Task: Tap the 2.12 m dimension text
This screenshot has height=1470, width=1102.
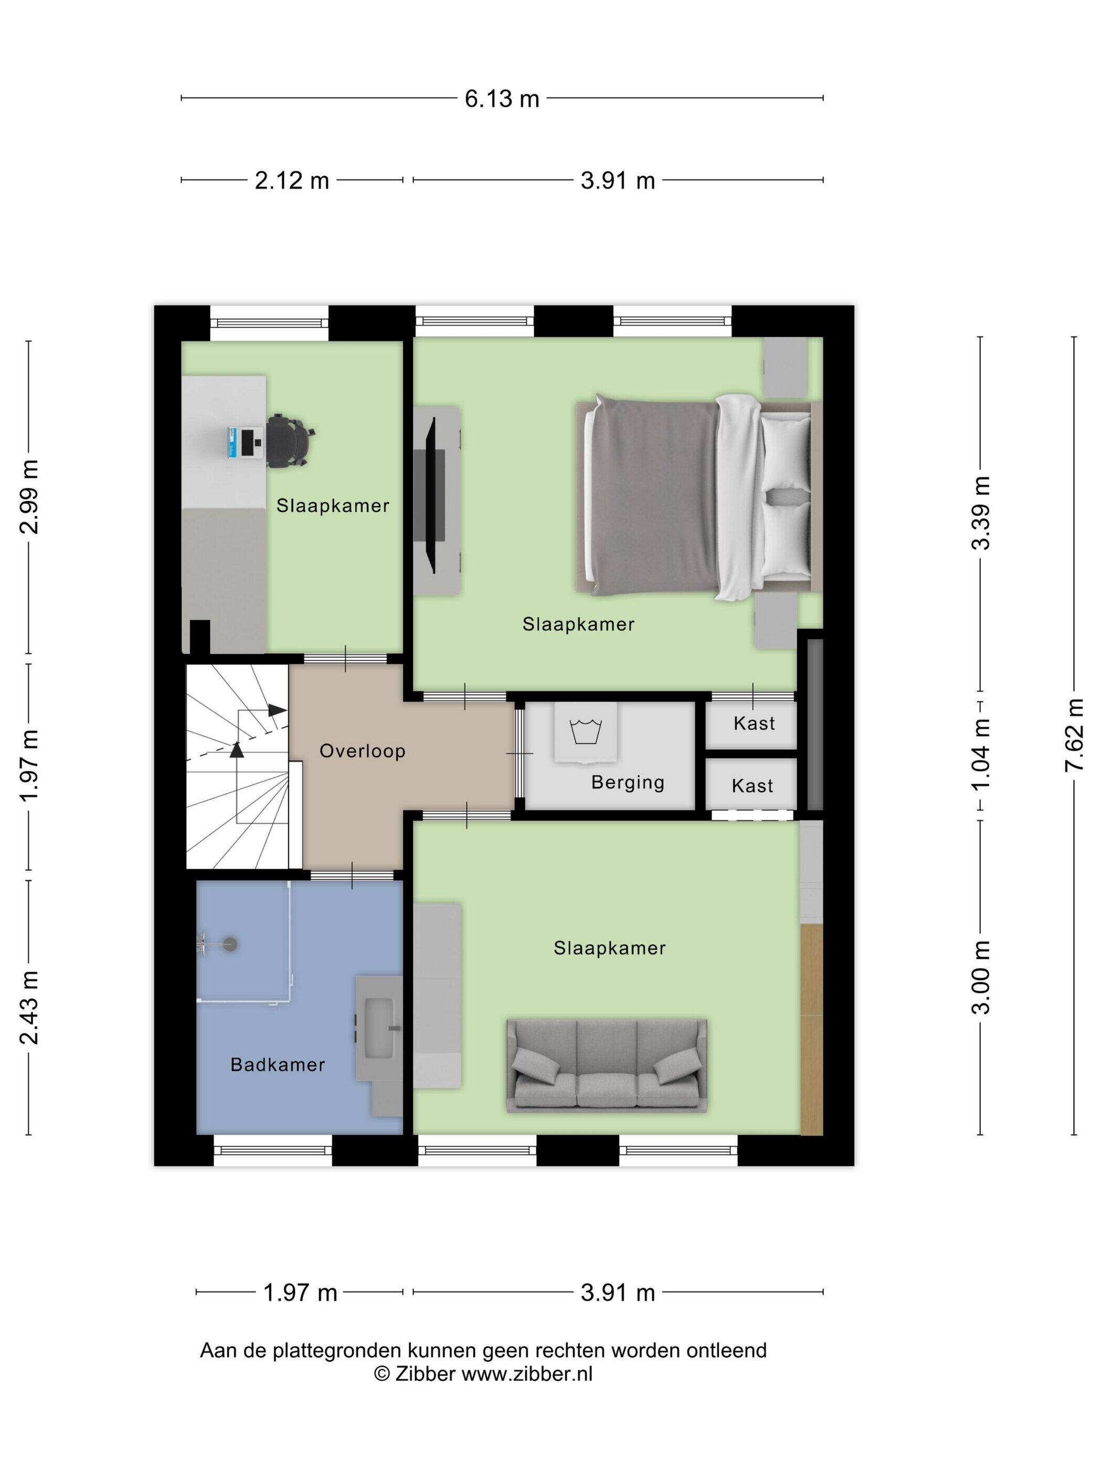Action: pyautogui.click(x=292, y=180)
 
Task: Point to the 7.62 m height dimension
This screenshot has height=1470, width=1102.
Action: pyautogui.click(x=1074, y=736)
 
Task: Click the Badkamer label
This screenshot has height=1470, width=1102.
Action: pyautogui.click(x=278, y=1065)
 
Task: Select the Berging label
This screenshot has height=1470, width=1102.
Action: pyautogui.click(x=628, y=783)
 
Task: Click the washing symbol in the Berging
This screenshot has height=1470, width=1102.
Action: pyautogui.click(x=586, y=731)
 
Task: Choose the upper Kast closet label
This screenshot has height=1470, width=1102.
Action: pyautogui.click(x=754, y=723)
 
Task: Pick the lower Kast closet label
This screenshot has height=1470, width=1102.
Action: pyautogui.click(x=753, y=786)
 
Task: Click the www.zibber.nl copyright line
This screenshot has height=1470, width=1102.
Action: pyautogui.click(x=484, y=1373)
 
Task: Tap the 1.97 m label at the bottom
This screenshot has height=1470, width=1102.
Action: pyautogui.click(x=300, y=1293)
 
